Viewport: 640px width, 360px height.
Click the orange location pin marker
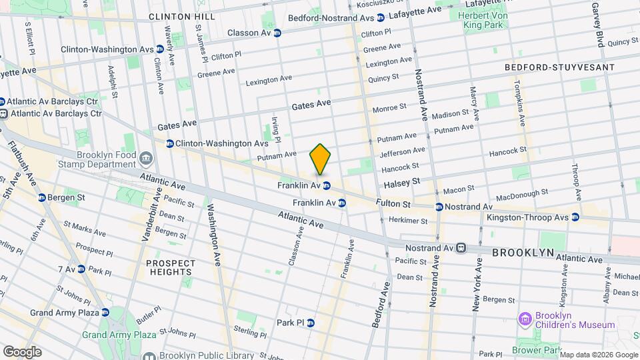point(320,159)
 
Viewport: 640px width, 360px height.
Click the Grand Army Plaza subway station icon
point(105,312)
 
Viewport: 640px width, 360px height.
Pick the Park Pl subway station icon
point(310,323)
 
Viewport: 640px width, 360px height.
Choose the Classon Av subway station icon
point(277,33)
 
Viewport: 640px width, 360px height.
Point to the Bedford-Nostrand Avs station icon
point(380,18)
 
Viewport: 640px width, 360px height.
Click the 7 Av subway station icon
point(81,269)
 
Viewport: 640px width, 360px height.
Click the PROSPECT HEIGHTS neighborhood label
point(171,267)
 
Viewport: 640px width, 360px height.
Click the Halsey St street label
point(401,181)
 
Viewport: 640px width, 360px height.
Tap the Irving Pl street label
point(276,129)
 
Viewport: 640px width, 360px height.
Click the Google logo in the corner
point(22,351)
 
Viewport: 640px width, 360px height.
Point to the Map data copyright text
point(598,354)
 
